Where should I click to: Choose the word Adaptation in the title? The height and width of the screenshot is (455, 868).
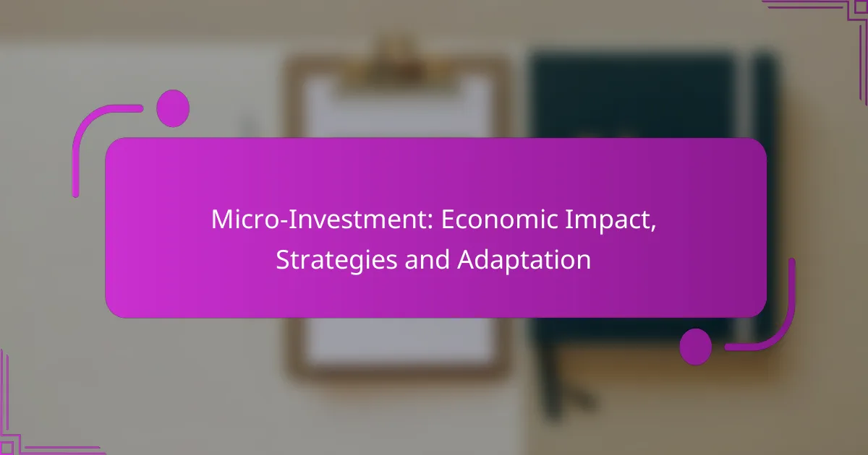point(524,260)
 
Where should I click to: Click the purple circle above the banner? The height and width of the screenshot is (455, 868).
point(173,108)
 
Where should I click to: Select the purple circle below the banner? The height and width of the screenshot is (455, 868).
point(696,346)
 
